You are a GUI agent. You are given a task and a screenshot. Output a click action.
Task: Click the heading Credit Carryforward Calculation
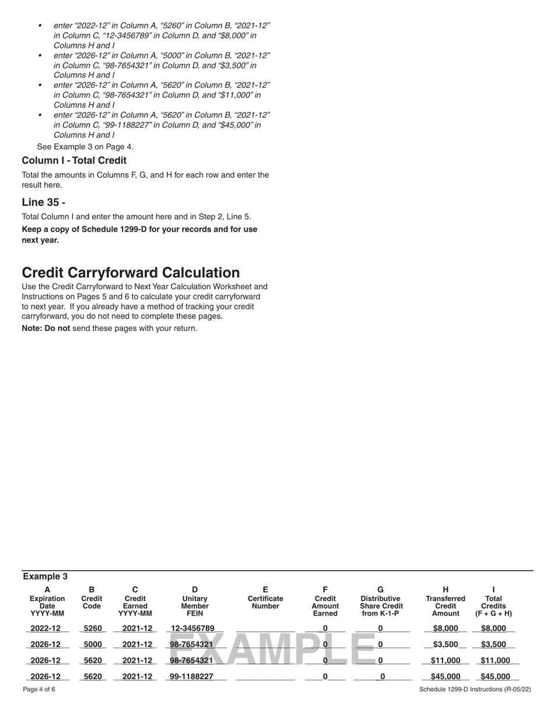(x=131, y=273)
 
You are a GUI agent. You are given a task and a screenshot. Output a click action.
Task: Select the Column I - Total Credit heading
(x=74, y=160)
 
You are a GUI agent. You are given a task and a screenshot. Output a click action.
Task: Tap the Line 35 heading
(x=44, y=202)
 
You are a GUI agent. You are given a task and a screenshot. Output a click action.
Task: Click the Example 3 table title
(x=45, y=577)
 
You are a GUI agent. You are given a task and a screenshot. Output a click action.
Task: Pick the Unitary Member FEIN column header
(x=195, y=602)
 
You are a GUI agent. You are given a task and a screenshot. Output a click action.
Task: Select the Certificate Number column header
(x=265, y=602)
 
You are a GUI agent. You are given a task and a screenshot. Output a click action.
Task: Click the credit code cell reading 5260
(x=92, y=628)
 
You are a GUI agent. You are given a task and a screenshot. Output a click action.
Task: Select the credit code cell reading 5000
(x=92, y=645)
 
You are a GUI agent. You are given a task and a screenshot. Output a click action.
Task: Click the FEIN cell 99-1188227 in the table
(x=191, y=677)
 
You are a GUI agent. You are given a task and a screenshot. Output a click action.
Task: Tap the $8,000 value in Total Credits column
(x=494, y=628)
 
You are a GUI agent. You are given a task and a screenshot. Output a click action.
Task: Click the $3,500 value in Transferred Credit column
(x=446, y=645)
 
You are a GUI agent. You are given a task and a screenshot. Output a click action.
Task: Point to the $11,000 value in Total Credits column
(x=494, y=660)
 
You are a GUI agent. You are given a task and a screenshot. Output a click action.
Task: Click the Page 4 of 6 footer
(x=39, y=690)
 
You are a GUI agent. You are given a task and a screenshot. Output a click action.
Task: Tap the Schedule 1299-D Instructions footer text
(x=475, y=690)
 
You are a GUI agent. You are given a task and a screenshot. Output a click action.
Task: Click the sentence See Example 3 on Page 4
(x=85, y=146)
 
